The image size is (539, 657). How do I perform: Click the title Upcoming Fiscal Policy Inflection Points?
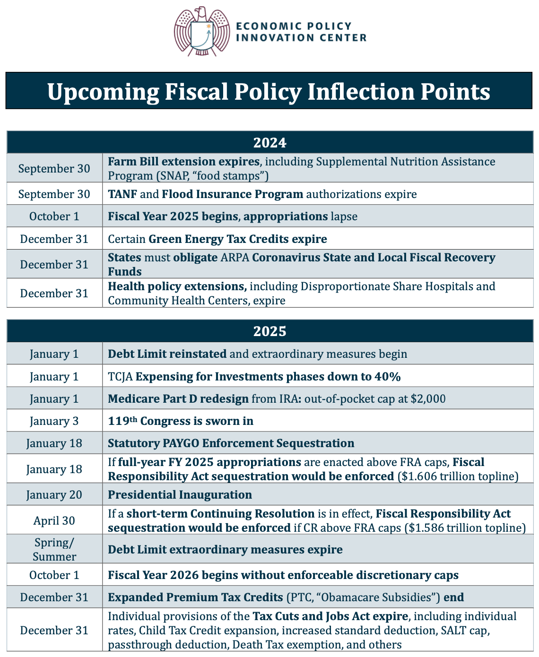[x=269, y=91]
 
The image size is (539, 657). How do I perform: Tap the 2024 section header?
[x=269, y=142]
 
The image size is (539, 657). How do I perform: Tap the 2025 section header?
[x=269, y=331]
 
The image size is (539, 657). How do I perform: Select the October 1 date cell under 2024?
[x=54, y=216]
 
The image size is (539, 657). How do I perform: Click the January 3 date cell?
[x=54, y=421]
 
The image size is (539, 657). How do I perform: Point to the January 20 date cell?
[x=54, y=495]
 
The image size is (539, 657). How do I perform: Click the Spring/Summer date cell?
[x=54, y=550]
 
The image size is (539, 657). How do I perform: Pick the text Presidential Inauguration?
[x=180, y=495]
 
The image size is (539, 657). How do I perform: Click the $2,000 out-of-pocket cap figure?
[x=428, y=399]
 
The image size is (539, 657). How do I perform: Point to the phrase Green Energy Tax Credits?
[x=218, y=239]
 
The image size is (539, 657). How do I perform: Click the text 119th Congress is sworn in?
[x=181, y=421]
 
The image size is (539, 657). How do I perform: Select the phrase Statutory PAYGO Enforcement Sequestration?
[x=231, y=443]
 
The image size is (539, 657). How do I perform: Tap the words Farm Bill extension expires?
[x=183, y=162]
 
